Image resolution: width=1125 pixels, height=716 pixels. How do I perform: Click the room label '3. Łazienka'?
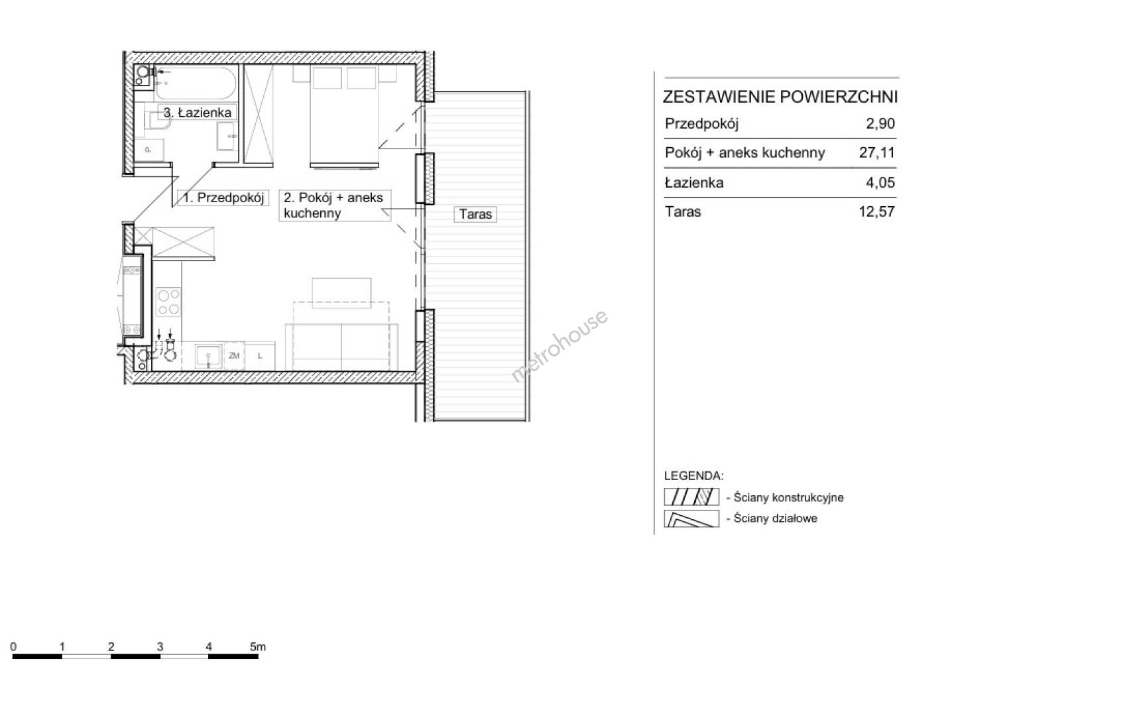(198, 113)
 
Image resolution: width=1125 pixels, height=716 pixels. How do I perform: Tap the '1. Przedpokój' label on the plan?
(223, 198)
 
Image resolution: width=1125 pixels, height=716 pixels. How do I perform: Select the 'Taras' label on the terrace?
(475, 214)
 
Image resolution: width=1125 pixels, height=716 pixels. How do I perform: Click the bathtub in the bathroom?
(196, 83)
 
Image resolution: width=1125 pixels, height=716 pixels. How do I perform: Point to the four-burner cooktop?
(168, 302)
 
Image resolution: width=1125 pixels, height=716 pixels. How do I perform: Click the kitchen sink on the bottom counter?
(208, 356)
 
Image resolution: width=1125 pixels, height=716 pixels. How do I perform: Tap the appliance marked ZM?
(234, 356)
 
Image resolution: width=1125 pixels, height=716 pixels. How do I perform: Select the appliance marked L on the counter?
(260, 356)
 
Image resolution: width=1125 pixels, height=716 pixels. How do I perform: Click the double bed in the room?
(344, 115)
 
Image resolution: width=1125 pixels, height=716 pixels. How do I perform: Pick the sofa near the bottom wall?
(341, 347)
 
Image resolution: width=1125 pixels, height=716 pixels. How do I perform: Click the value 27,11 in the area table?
(877, 152)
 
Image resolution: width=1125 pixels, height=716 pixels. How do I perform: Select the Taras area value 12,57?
(877, 211)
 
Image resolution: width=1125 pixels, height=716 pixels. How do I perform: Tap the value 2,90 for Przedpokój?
(880, 123)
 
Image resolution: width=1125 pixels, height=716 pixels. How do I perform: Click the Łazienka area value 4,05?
(880, 182)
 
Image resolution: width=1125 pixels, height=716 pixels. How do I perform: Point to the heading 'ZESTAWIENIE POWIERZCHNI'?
(780, 97)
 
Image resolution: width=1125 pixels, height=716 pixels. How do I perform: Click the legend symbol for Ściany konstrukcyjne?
(691, 497)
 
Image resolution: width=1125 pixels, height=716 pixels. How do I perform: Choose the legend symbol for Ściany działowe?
(691, 518)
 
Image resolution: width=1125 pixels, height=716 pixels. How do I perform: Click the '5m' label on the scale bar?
(258, 646)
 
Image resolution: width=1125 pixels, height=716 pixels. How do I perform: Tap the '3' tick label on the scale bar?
(160, 646)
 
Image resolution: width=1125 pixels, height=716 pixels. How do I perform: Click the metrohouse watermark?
(560, 346)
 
